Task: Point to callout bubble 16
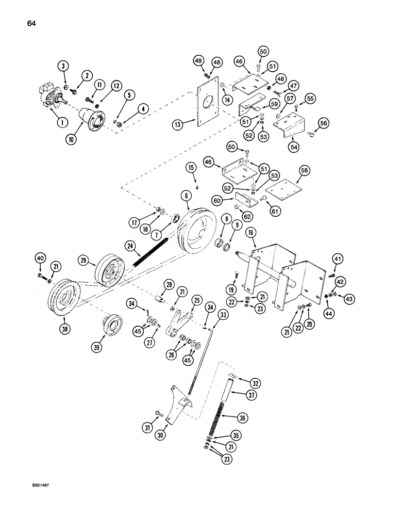pyautogui.click(x=251, y=234)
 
